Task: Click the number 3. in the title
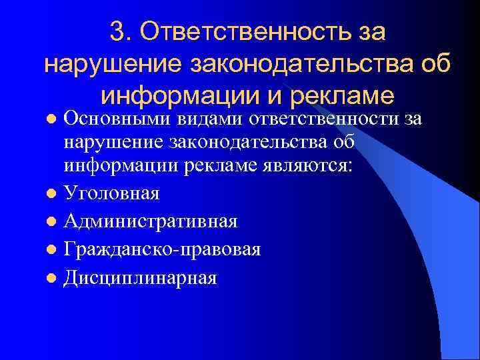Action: [x=123, y=31]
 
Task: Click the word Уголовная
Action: [x=111, y=193]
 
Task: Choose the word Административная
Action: [x=150, y=221]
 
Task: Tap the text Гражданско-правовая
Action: [x=162, y=249]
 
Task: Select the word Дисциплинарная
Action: [x=140, y=277]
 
